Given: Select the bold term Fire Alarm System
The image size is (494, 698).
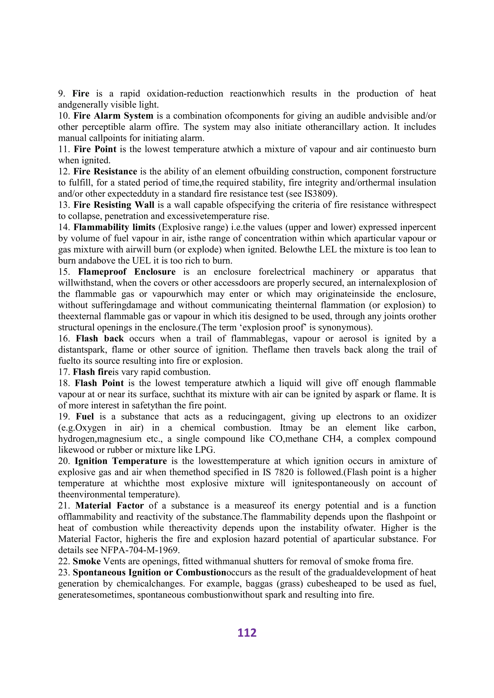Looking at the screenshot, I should coord(113,116).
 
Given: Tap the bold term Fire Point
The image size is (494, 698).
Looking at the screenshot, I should coord(95,149).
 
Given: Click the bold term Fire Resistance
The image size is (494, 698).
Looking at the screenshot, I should coord(105,171).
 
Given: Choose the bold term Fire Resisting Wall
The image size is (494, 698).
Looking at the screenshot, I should coord(114,205).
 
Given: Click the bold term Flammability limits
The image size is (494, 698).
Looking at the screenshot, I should coord(114,227).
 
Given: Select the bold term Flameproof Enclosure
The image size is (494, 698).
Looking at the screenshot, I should coord(127,272).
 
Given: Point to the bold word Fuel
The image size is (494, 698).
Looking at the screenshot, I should coord(85,416).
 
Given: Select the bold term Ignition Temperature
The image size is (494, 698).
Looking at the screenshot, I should coord(120,461).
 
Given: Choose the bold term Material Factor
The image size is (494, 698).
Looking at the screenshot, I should coord(109,506).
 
